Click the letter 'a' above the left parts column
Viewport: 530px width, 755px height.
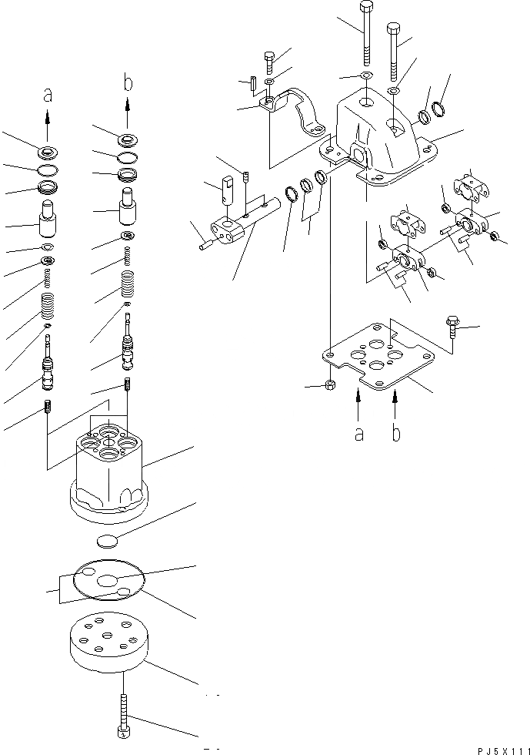click(x=48, y=96)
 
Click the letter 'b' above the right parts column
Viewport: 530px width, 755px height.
click(x=128, y=81)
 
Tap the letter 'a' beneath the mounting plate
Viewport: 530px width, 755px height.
click(x=358, y=434)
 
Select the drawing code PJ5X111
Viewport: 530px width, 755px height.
click(x=500, y=749)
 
